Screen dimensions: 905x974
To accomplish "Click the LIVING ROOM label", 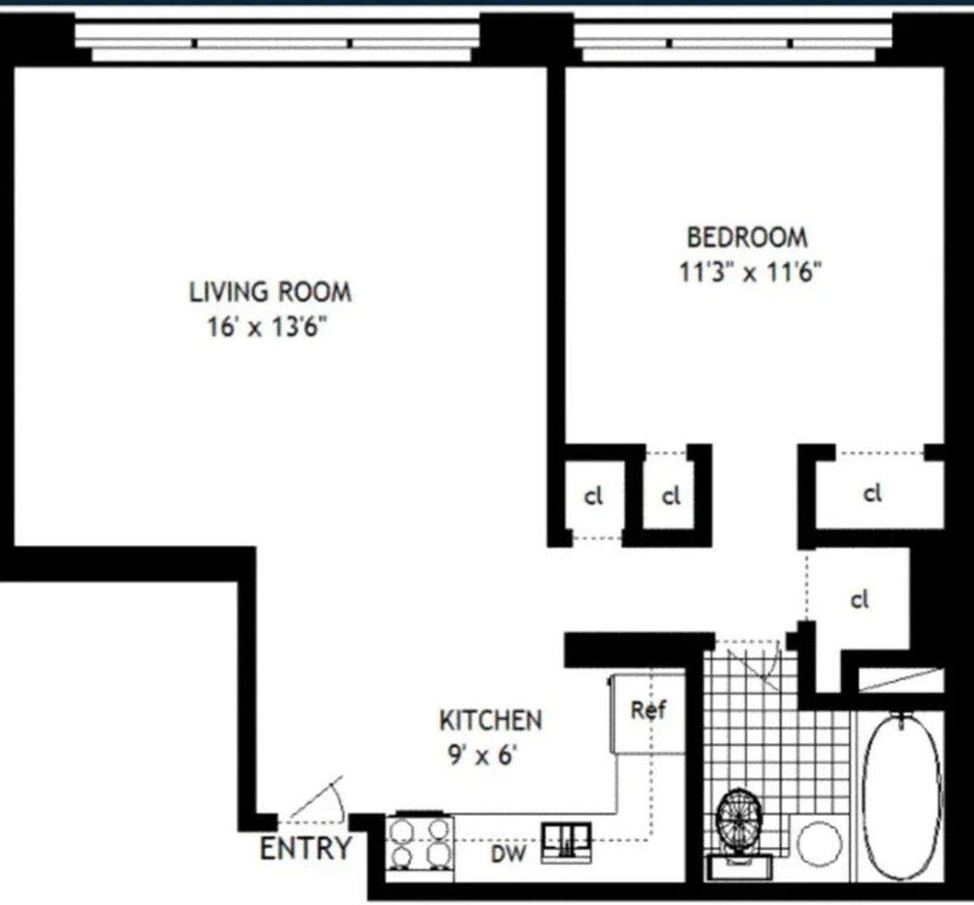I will (x=270, y=291).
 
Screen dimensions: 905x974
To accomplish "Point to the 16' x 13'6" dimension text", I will (x=270, y=329).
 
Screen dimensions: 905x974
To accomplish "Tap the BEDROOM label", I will (x=748, y=237).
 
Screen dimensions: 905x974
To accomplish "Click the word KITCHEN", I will (x=490, y=720).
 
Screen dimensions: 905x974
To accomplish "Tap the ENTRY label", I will (x=305, y=848).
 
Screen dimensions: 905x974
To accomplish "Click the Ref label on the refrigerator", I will (x=649, y=710).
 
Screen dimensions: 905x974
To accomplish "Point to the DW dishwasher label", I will (x=508, y=853).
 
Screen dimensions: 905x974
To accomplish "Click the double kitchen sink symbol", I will (x=567, y=837).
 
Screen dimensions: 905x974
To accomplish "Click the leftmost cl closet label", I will (x=594, y=497).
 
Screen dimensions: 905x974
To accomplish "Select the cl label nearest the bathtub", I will (x=860, y=600).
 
